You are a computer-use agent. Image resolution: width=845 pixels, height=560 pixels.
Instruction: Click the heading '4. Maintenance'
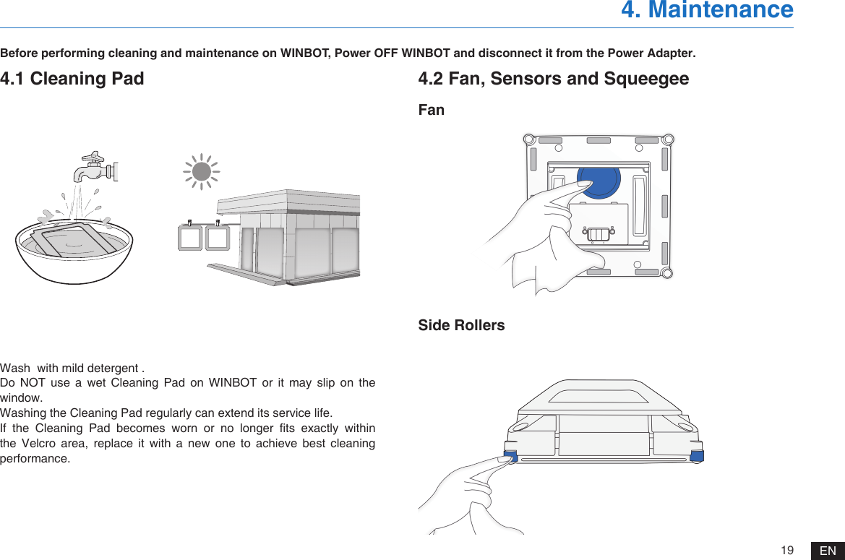[x=706, y=10]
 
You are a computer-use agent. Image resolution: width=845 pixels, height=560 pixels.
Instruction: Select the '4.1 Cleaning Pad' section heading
[x=72, y=78]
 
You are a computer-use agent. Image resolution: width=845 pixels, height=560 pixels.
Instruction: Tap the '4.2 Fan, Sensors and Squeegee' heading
[x=553, y=78]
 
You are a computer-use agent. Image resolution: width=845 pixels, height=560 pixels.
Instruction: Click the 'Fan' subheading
[x=432, y=110]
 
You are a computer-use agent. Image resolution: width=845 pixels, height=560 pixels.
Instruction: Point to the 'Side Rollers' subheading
[x=461, y=325]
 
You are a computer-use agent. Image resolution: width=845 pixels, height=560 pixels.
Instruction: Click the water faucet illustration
[x=94, y=168]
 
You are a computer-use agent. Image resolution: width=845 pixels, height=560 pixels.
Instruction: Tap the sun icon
[x=202, y=171]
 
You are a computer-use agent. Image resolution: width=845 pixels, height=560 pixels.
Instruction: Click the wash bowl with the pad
[x=74, y=249]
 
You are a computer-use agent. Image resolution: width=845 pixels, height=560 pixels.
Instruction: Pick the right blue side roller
[x=697, y=455]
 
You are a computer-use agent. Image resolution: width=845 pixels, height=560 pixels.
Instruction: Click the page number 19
[x=787, y=551]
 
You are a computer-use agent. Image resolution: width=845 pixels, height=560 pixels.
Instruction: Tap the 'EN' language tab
[x=828, y=551]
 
